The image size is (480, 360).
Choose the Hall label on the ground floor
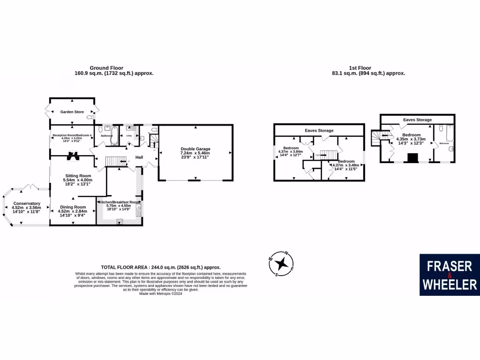tap(139, 157)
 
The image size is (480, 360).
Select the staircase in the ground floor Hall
tap(116, 161)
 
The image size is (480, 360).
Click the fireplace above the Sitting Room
tap(72, 155)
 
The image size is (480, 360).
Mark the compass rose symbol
tap(281, 264)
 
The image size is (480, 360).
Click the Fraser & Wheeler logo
tap(450, 275)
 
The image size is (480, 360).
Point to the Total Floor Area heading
tap(161, 267)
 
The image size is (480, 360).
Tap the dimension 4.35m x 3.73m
tap(411, 139)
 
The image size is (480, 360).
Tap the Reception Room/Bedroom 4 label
tap(72, 135)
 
